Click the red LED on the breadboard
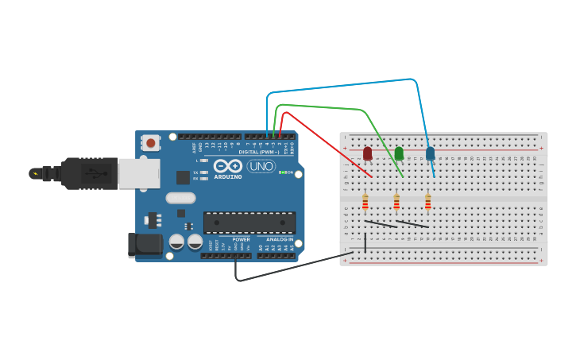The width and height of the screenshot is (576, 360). (367, 153)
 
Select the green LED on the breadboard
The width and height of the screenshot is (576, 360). (399, 153)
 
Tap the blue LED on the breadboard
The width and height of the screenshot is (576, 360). (431, 153)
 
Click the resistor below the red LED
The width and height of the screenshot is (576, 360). (365, 203)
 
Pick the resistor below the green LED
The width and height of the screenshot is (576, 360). (396, 203)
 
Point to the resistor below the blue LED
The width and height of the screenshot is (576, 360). (427, 203)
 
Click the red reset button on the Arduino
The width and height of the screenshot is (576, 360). (149, 143)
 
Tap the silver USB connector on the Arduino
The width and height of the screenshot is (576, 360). (138, 173)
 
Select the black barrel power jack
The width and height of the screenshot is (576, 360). (145, 245)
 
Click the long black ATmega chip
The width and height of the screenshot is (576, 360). (249, 223)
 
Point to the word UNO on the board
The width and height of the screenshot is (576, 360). (261, 166)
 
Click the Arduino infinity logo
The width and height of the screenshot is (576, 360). (227, 166)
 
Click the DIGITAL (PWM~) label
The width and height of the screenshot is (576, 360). (259, 152)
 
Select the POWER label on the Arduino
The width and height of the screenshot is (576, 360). (241, 239)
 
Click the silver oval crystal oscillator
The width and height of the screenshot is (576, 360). (180, 198)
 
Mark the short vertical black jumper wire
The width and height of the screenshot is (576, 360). (365, 243)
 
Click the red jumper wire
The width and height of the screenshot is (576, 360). (326, 143)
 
